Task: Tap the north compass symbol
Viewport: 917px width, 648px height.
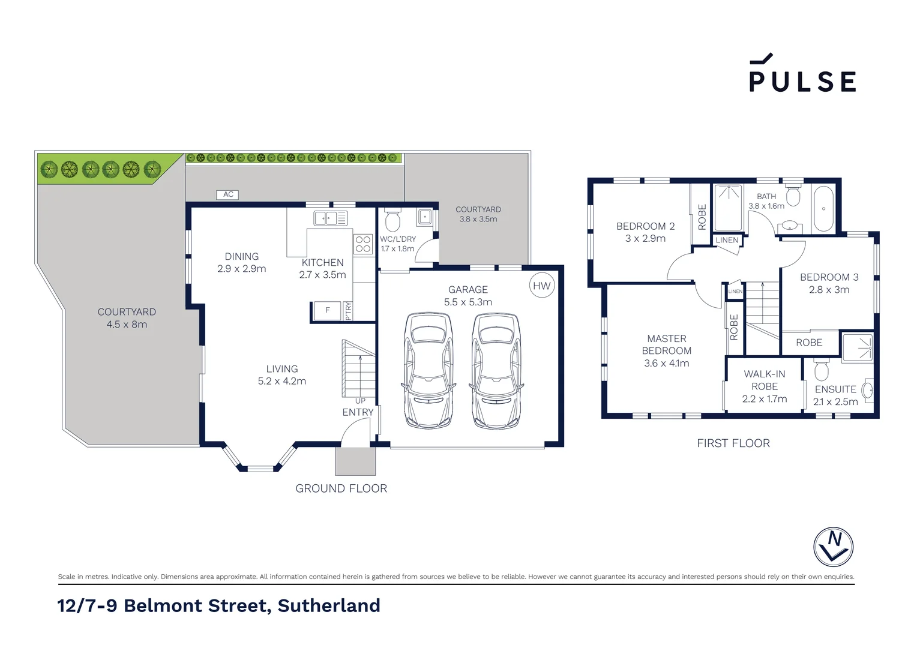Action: tap(833, 547)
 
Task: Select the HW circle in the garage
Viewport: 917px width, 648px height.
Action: tap(541, 286)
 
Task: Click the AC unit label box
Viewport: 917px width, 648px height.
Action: tap(228, 194)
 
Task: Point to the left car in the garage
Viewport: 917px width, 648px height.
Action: tap(428, 370)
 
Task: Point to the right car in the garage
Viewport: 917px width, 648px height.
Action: tap(496, 370)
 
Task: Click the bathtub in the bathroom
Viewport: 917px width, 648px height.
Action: tap(823, 209)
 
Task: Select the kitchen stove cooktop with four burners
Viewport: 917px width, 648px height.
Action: tap(363, 244)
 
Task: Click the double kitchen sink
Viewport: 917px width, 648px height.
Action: tap(331, 218)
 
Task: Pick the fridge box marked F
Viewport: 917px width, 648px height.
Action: tap(328, 311)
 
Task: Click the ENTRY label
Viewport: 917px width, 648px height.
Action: tap(358, 412)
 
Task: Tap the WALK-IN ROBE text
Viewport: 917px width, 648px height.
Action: tap(764, 380)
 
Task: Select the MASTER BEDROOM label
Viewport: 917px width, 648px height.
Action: tap(666, 344)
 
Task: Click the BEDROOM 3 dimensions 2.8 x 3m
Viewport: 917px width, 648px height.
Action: tap(829, 290)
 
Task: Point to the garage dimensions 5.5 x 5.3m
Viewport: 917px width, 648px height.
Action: tap(468, 302)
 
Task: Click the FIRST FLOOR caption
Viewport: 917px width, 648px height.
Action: tap(733, 443)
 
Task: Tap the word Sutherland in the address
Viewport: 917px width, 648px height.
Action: tap(328, 605)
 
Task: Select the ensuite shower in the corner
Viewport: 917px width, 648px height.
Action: tap(857, 347)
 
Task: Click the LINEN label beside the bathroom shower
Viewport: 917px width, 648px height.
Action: tap(727, 240)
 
